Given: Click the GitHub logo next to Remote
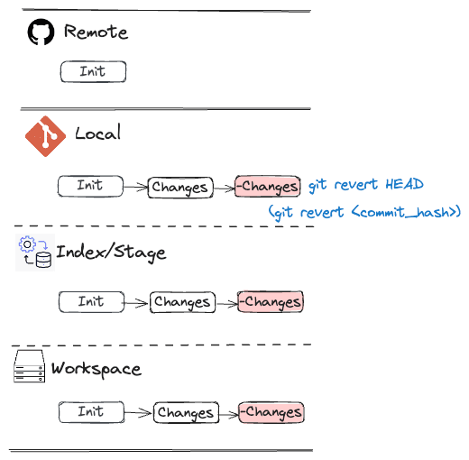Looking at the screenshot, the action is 41,32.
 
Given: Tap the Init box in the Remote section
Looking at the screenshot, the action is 93,71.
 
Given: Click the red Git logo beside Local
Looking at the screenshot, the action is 45,136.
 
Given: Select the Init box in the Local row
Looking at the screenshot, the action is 90,187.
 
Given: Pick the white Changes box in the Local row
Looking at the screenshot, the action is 180,188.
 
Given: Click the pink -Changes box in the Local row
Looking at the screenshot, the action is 268,187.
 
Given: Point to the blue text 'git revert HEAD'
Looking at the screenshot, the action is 366,185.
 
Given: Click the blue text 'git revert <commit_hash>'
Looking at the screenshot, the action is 364,212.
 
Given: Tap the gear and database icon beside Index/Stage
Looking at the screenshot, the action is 35,253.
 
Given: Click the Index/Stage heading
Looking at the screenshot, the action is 111,253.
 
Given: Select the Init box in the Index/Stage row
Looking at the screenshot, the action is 91,302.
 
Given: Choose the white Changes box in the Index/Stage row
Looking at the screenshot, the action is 182,302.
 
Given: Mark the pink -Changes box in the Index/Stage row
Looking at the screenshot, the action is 271,302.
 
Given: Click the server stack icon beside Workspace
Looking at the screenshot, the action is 30,366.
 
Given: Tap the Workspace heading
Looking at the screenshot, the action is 97,369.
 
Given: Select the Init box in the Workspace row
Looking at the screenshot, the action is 91,412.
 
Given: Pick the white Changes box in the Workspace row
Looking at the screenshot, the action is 186,412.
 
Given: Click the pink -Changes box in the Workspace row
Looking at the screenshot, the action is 271,412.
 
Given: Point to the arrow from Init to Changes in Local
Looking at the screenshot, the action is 135,187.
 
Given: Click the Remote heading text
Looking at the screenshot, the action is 97,32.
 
